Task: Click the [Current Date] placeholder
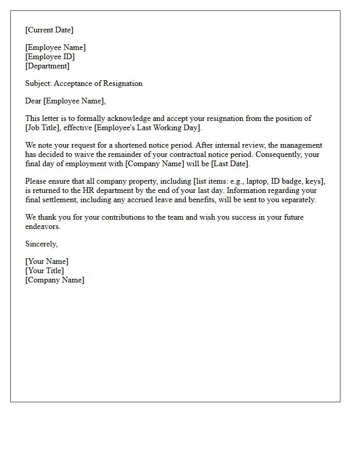point(49,30)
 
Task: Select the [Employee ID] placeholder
point(50,57)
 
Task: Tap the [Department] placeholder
point(47,66)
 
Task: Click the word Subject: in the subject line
point(39,83)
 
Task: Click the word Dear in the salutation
point(33,101)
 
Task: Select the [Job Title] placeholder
point(43,128)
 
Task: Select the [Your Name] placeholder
point(47,261)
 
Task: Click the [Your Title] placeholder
point(45,271)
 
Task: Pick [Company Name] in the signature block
point(55,280)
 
